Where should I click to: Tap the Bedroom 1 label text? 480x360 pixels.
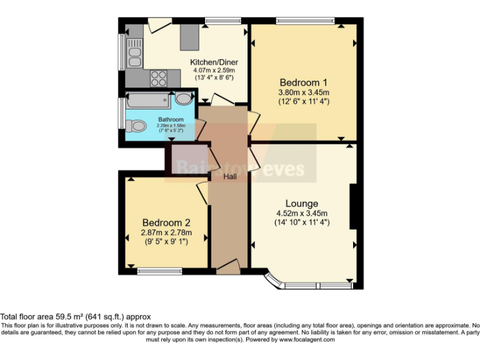[x=303, y=82]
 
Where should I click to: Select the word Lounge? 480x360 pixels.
[x=302, y=203]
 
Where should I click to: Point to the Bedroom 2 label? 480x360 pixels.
[x=166, y=222]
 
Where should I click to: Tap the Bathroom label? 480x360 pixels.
[x=171, y=119]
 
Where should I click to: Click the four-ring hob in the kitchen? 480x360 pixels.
[x=158, y=78]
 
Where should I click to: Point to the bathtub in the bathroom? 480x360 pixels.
[x=148, y=99]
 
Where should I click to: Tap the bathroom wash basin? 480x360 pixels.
[x=183, y=98]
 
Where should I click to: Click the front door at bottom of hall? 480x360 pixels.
[x=227, y=267]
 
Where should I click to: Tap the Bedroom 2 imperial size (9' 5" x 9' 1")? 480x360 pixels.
[x=166, y=242]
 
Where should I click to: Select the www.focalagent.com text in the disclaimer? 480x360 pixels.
[x=307, y=340]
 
